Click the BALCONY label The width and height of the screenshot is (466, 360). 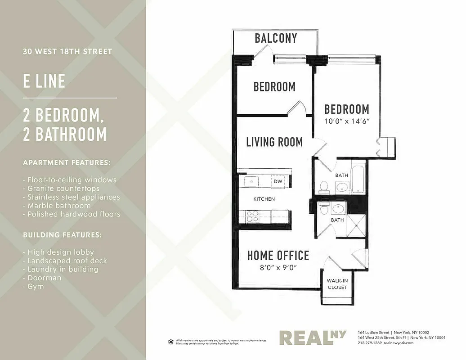coord(276,38)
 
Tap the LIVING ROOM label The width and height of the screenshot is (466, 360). coord(274,142)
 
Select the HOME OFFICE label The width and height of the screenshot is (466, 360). coord(278,256)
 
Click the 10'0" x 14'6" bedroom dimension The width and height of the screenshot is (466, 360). coord(347,121)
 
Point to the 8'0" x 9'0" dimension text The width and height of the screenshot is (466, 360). coord(278,267)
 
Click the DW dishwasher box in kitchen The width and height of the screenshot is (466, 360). coord(277,181)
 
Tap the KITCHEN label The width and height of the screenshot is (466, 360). coord(264,199)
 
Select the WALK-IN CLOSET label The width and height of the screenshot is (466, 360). coord(337,284)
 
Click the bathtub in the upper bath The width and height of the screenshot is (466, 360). coord(358,180)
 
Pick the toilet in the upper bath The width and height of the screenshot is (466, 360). coord(324,187)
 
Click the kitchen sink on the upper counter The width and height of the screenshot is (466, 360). coord(251,181)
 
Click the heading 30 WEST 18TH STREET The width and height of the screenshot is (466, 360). coord(67,52)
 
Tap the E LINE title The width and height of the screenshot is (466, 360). coord(44,81)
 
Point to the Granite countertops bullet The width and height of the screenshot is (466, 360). coord(63,189)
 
